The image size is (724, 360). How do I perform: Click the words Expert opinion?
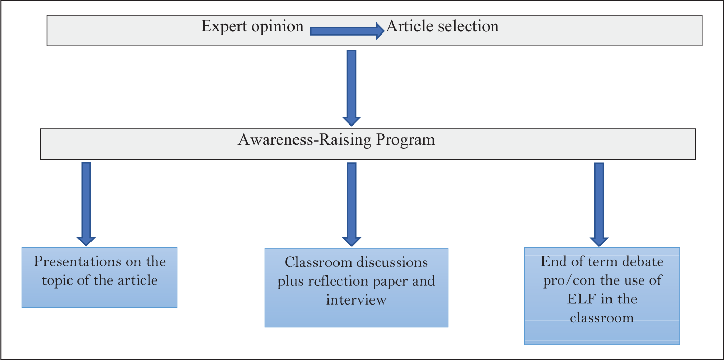click(253, 27)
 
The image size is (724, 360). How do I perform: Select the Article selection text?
click(443, 26)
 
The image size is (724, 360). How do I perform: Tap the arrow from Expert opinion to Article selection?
click(347, 31)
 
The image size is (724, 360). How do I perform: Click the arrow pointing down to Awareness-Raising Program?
click(352, 88)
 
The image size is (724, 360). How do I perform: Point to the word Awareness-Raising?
click(305, 140)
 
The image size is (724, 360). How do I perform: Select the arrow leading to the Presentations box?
click(86, 204)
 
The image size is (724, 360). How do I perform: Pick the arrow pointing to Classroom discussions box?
click(352, 205)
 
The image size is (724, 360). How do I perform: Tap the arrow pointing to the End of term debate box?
click(599, 205)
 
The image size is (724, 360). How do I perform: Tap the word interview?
click(356, 300)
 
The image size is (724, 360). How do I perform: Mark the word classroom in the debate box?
click(602, 318)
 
